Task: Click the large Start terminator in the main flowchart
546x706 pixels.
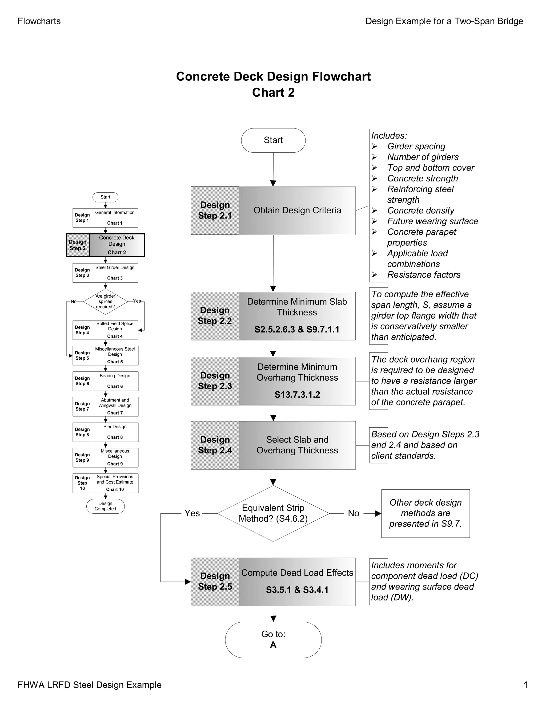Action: (273, 140)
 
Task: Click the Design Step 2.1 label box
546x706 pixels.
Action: (215, 210)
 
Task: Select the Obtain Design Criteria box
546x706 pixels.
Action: (297, 210)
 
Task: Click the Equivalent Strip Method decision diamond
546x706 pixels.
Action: (273, 513)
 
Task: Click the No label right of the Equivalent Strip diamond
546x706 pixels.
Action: (353, 513)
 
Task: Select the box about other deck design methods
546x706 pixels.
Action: (425, 513)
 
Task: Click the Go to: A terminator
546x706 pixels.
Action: (273, 639)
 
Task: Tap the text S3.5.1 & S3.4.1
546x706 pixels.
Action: (297, 590)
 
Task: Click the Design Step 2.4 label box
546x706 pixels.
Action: (215, 445)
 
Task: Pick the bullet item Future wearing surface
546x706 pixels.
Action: (432, 221)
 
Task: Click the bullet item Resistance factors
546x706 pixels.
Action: (424, 274)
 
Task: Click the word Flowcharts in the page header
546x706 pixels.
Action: (39, 21)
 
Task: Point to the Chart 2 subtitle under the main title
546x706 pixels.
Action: (273, 92)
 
